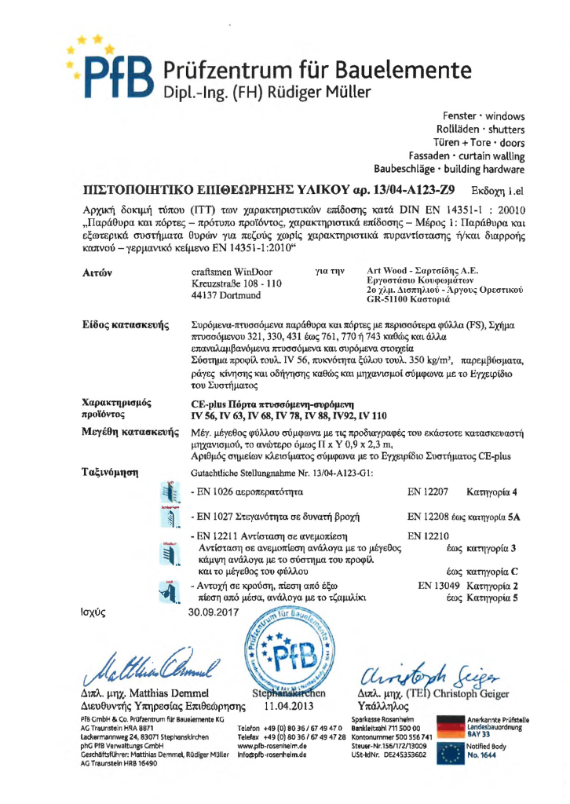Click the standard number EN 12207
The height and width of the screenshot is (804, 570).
coord(428,492)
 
